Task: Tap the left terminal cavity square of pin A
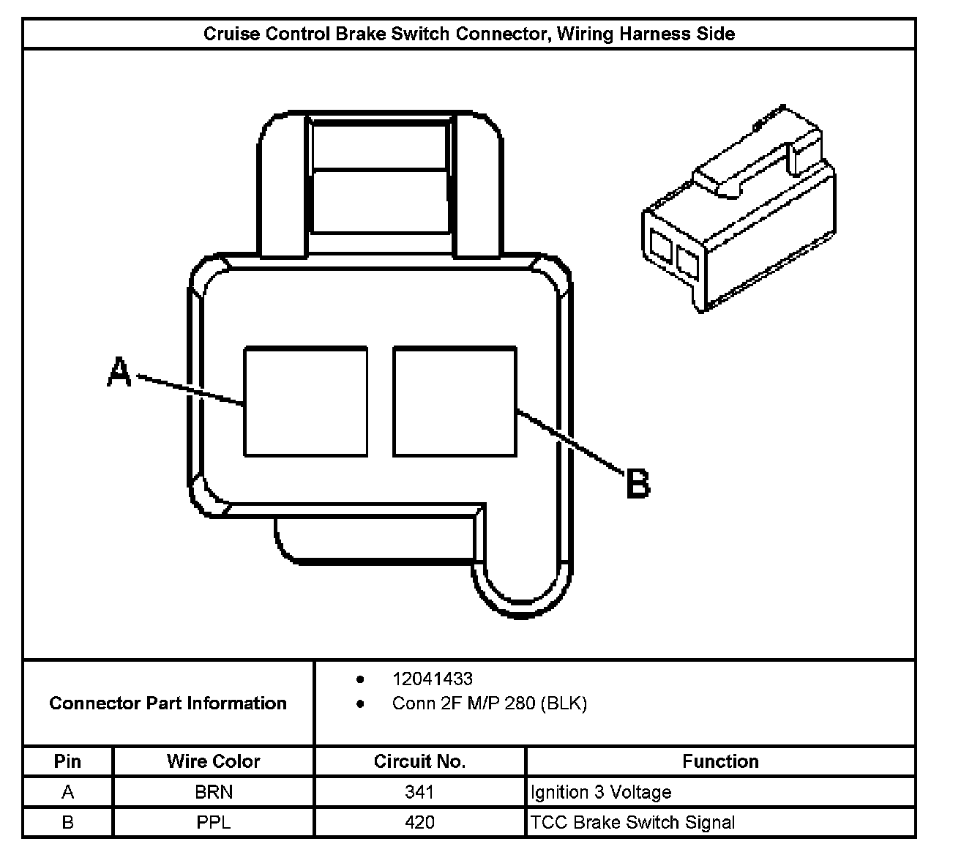305,401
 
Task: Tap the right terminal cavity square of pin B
455,401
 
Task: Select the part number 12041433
432,679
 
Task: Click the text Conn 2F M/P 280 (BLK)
489,703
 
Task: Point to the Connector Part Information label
168,703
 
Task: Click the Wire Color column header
213,761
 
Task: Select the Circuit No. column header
419,761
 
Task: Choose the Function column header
720,761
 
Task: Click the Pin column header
67,761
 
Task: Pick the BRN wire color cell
214,792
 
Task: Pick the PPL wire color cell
214,822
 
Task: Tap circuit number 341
419,792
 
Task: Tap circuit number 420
419,822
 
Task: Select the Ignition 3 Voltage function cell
600,792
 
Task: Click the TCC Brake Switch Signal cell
632,822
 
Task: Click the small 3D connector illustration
739,212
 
